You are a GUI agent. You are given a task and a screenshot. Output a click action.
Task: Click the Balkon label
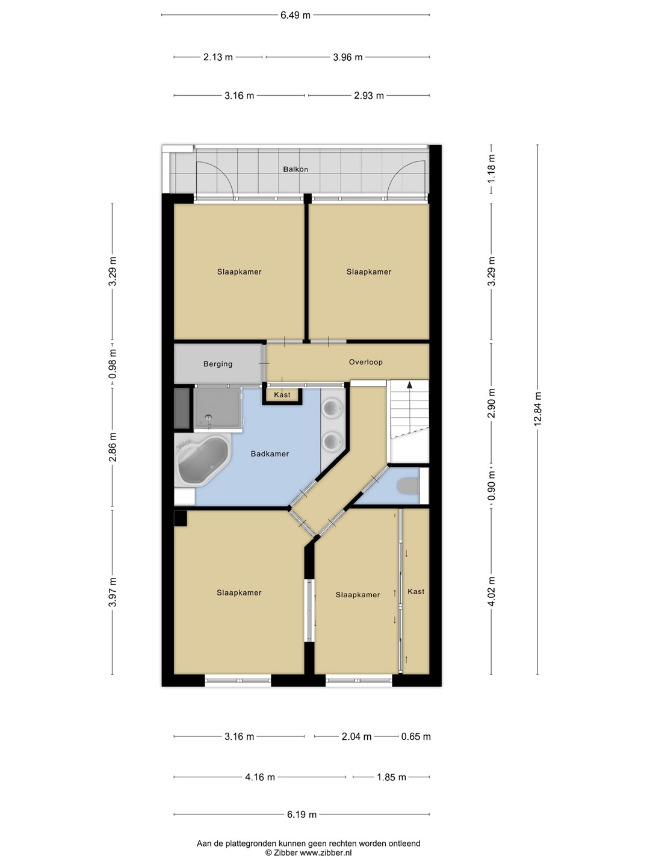coord(295,169)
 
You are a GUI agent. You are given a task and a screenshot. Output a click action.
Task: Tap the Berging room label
coord(218,364)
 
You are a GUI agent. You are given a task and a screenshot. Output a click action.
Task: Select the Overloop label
coord(365,362)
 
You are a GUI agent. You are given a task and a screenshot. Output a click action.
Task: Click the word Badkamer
coord(270,454)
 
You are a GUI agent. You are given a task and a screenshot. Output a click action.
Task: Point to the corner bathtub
coord(203,460)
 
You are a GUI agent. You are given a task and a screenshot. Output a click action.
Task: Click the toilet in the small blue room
coord(407,486)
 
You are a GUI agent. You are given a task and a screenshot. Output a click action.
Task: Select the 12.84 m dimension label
coord(537,409)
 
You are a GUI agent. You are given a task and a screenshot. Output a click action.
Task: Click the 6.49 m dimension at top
coord(295,16)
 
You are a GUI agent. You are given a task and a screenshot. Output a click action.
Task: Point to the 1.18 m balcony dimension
coord(491,169)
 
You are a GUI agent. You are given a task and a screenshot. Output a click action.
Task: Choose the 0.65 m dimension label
coord(416,736)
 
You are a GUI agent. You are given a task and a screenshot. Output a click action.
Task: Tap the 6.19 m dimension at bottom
coord(302,814)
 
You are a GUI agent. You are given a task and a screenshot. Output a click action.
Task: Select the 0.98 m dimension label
coord(113,364)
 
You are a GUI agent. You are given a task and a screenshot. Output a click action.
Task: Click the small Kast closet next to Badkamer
coord(282,394)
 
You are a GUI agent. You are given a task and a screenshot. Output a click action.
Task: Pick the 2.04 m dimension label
coord(356,736)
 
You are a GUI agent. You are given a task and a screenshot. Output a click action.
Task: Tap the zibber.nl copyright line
coord(308,853)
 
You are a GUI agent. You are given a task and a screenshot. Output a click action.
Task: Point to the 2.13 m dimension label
coord(218,57)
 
